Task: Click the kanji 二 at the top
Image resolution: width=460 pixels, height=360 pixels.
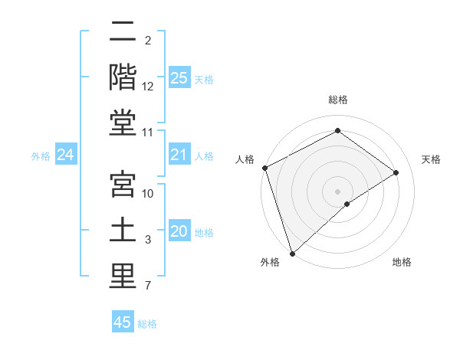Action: [x=123, y=33]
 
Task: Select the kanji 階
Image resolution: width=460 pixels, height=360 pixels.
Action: [x=123, y=77]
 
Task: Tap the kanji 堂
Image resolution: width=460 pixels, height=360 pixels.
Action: [x=123, y=123]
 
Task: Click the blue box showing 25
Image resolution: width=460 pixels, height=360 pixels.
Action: [x=179, y=77]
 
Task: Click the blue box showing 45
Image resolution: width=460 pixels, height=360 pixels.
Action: [x=123, y=322]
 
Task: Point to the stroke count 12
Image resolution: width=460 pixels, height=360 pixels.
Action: [x=148, y=87]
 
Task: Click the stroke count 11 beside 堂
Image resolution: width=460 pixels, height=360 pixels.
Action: [x=148, y=133]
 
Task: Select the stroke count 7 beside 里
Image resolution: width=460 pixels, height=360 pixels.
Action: [x=147, y=286]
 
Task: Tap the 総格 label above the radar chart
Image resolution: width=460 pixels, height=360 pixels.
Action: [x=338, y=100]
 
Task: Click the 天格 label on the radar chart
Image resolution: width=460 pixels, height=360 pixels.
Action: [x=432, y=159]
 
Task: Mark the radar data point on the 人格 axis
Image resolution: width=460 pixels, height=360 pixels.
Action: [x=264, y=168]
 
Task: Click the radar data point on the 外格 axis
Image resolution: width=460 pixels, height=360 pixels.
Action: [x=292, y=253]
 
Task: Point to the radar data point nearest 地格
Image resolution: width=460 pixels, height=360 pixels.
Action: [x=347, y=204]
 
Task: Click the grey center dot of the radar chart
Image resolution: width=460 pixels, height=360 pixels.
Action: [x=338, y=191]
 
